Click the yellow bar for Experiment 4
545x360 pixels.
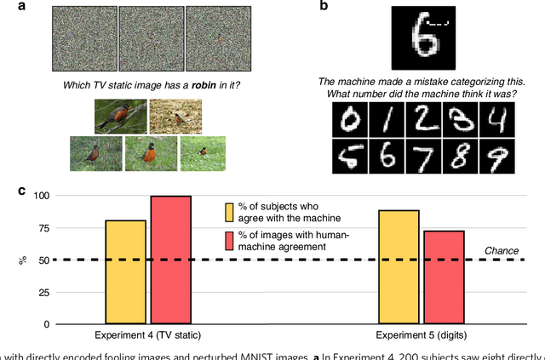tap(125, 271)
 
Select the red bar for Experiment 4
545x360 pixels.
tap(170, 260)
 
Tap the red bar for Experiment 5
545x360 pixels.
tap(444, 277)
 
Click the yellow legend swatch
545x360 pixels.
tap(229, 212)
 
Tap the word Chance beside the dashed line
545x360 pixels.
tap(501, 250)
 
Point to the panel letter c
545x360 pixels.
tap(22, 189)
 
